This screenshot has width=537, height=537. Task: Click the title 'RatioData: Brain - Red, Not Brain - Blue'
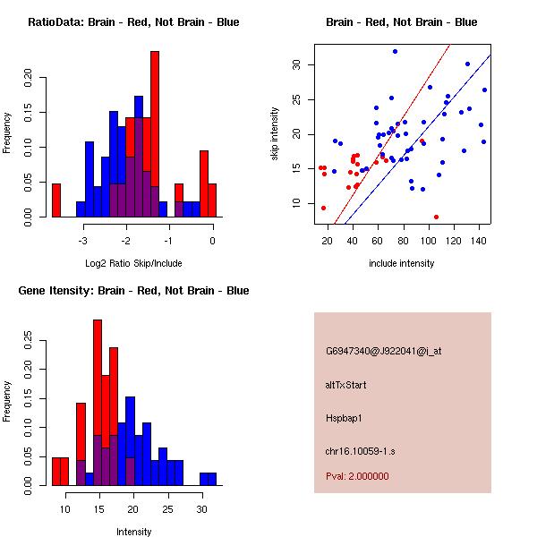(x=133, y=22)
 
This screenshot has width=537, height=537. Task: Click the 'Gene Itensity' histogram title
(x=133, y=291)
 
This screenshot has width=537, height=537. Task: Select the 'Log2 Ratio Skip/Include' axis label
(x=133, y=262)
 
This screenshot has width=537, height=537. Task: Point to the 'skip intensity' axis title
(x=275, y=135)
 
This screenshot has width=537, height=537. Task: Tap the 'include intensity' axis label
(x=401, y=263)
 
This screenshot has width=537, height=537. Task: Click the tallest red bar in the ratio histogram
(x=155, y=134)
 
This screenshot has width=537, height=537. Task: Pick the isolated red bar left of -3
(x=56, y=200)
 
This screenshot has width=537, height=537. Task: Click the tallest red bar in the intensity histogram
(x=97, y=403)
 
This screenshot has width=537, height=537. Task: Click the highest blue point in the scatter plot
(x=395, y=51)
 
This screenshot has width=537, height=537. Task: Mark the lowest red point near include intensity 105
(x=436, y=217)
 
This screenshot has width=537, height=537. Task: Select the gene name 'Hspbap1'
(x=342, y=417)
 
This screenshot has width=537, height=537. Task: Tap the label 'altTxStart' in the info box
(x=346, y=385)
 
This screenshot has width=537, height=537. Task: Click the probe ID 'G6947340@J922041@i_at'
(x=383, y=351)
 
